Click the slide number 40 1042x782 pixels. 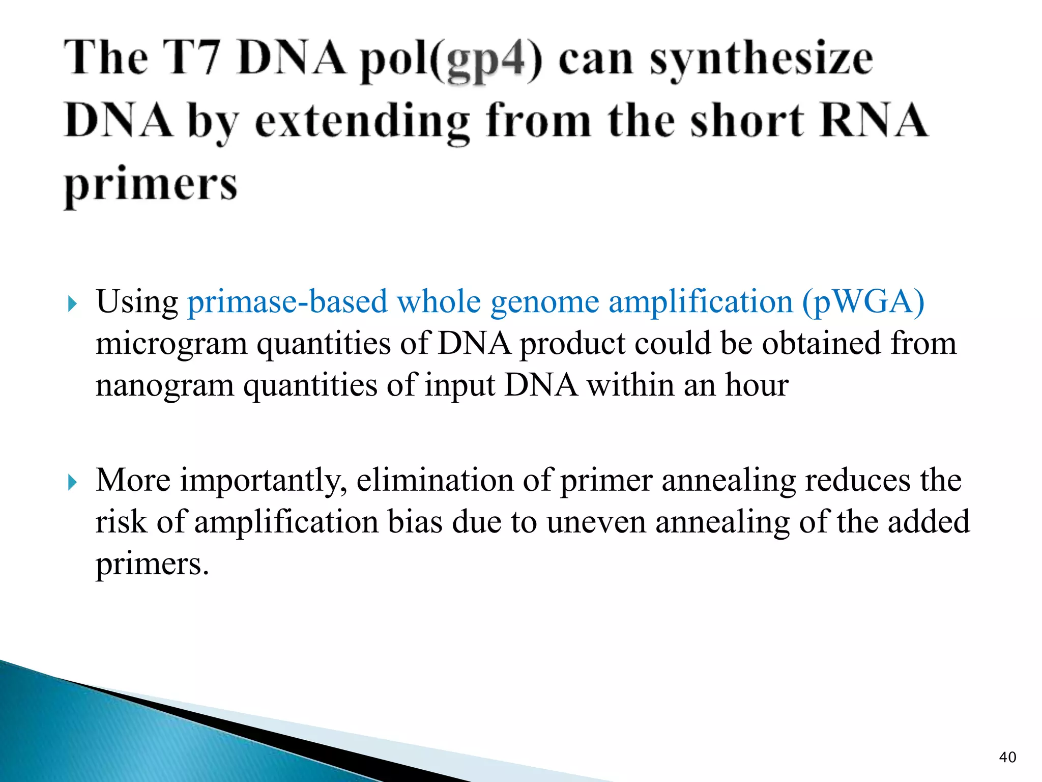pyautogui.click(x=1007, y=757)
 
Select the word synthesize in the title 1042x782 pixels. pyautogui.click(x=761, y=60)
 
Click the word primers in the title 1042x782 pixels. pyautogui.click(x=151, y=185)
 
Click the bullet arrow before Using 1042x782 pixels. pyautogui.click(x=72, y=304)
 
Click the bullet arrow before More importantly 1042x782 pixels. pyautogui.click(x=72, y=482)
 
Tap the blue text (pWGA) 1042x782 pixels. pyautogui.click(x=863, y=302)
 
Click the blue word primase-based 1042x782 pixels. pyautogui.click(x=287, y=301)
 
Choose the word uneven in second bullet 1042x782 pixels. pyautogui.click(x=596, y=523)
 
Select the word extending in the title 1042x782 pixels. pyautogui.click(x=362, y=122)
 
